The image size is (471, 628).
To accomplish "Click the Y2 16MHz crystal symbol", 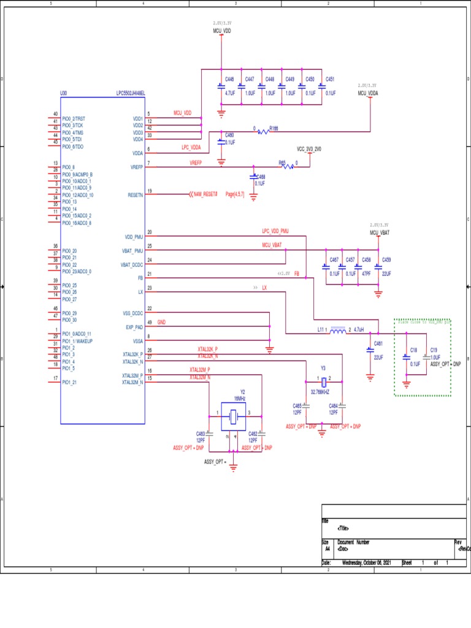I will click(232, 418).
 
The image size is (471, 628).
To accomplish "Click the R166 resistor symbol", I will click(263, 131).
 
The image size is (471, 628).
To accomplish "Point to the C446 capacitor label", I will click(229, 80).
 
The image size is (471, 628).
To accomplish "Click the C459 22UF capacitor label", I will click(386, 260).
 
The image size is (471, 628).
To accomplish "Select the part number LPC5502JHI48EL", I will click(130, 94).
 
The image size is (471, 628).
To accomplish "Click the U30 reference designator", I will click(64, 94).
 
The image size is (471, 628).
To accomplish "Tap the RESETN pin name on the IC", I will click(135, 194).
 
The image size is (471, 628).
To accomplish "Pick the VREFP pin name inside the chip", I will click(136, 167).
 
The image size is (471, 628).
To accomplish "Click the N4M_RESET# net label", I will click(205, 194).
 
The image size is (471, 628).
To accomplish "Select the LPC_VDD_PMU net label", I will click(275, 231).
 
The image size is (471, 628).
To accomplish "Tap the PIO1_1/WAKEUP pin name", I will click(77, 341).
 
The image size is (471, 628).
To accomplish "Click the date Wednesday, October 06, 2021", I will click(366, 563).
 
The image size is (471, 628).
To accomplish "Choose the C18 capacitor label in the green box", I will click(414, 350).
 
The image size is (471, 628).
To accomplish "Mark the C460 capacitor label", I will click(229, 134).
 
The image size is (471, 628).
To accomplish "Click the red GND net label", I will click(161, 322).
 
